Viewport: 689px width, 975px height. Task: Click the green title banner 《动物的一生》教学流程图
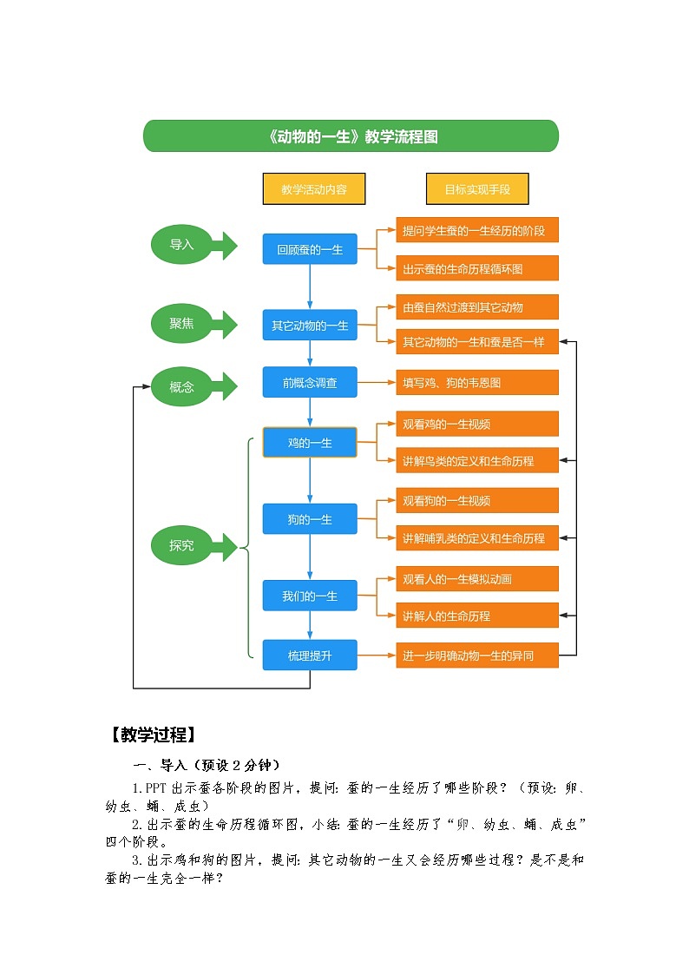coord(351,136)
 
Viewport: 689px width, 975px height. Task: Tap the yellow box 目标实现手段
coord(477,189)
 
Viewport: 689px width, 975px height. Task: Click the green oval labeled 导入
coord(181,245)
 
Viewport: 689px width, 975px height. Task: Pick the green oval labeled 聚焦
coord(181,324)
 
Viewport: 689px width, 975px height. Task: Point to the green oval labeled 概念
coord(181,386)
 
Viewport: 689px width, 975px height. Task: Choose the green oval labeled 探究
coord(181,546)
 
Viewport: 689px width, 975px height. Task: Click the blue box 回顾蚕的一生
coord(310,249)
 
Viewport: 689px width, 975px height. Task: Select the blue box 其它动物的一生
coord(310,326)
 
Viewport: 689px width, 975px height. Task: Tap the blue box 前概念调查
coord(310,382)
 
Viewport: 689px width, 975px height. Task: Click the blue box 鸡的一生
coord(310,443)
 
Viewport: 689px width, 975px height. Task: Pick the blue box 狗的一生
coord(310,519)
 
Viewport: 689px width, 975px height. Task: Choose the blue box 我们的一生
coord(310,596)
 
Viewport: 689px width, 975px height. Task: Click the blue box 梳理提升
coord(310,655)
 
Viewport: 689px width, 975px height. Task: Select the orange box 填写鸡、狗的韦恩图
coord(477,382)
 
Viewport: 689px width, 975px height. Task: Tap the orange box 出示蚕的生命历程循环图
coord(477,268)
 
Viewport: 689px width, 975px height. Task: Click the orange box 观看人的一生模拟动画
coord(477,578)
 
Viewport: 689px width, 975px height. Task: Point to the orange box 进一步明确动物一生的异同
coord(477,656)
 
